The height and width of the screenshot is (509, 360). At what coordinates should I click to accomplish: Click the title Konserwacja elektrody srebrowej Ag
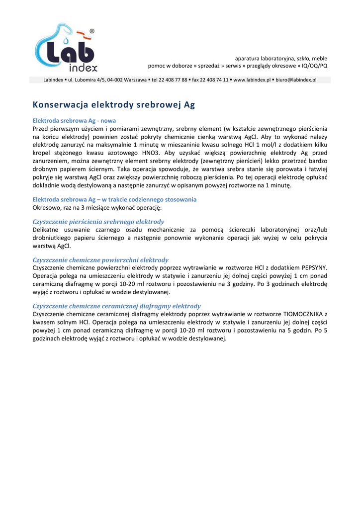point(114,105)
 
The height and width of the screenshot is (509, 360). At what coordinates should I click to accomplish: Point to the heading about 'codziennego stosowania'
point(114,199)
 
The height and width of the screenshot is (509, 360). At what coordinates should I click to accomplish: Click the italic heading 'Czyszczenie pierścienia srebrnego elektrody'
point(98,222)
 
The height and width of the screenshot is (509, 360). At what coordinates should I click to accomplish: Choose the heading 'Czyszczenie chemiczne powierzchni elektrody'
point(100,260)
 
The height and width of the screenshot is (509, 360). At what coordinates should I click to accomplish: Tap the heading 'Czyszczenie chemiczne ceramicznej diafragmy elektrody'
point(116,306)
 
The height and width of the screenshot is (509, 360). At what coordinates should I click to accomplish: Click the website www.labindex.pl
point(252,80)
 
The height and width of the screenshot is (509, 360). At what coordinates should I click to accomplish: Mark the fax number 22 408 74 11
point(214,80)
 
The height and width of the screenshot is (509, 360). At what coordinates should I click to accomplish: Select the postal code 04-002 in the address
point(109,80)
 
